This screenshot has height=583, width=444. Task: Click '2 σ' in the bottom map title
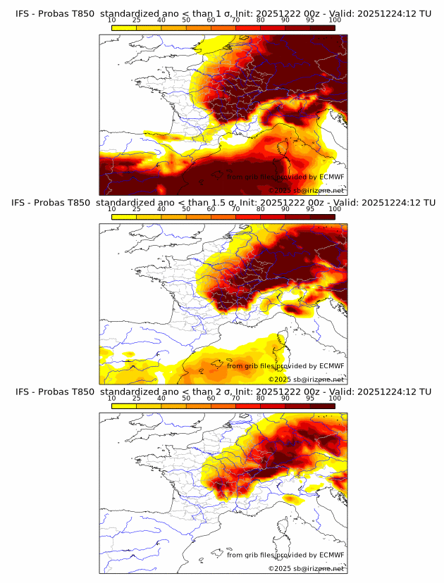coord(222,392)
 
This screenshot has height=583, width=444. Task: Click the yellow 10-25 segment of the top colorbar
coord(124,27)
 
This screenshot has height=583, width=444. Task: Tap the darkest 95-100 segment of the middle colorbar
coord(322,216)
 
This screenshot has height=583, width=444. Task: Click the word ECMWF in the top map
coord(331,177)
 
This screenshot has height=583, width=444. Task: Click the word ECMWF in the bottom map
coord(331,555)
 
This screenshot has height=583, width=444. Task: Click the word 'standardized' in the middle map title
coord(134,203)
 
